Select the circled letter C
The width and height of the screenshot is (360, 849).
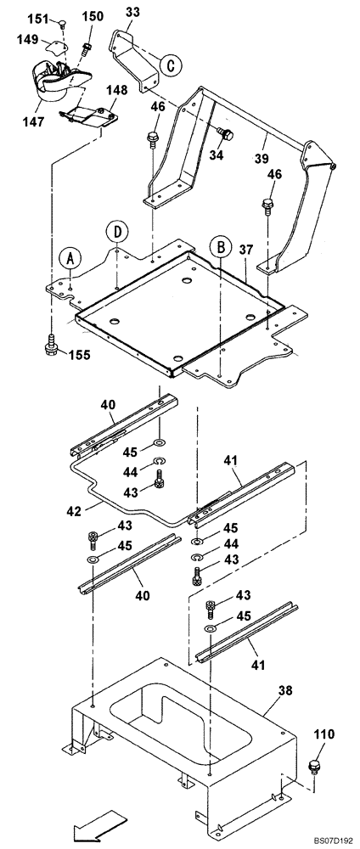[171, 65]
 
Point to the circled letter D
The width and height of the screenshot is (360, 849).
[117, 231]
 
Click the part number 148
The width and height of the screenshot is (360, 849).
[116, 90]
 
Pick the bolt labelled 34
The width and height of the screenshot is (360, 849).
[227, 133]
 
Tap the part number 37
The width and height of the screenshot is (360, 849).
[245, 250]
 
